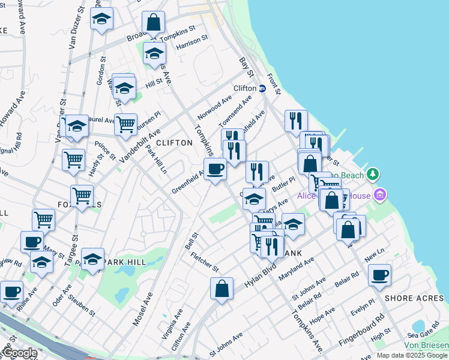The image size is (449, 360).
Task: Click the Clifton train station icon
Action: [262, 88]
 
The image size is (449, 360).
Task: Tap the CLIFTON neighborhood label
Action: [174, 143]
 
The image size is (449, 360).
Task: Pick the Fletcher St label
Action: [204, 261]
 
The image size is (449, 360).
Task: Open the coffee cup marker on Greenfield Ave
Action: [215, 169]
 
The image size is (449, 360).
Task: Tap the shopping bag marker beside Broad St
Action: [154, 22]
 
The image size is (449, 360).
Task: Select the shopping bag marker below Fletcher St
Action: [221, 288]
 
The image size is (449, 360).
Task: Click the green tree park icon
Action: [373, 174]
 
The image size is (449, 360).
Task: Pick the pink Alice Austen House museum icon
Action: [379, 194]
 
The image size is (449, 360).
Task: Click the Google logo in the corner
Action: [19, 353]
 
